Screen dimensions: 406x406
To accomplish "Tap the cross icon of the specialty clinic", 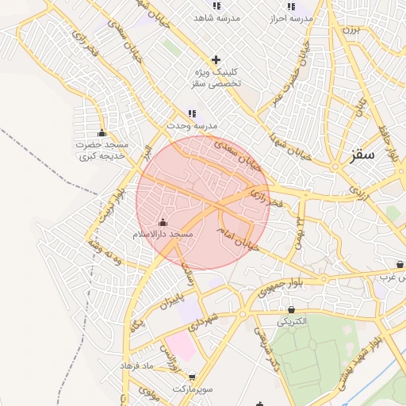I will tap(216, 59).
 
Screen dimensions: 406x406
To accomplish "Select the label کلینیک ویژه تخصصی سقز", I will tap(216, 77).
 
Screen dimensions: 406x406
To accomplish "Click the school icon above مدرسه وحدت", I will tap(191, 114).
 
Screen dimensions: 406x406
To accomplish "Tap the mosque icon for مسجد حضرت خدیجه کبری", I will tap(101, 132).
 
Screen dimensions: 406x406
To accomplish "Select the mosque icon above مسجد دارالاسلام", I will tap(163, 223).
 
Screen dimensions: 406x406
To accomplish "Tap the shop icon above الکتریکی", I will tap(292, 309).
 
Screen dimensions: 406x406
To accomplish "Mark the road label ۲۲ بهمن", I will tap(301, 229).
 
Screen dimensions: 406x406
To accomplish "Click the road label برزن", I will tap(350, 30).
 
